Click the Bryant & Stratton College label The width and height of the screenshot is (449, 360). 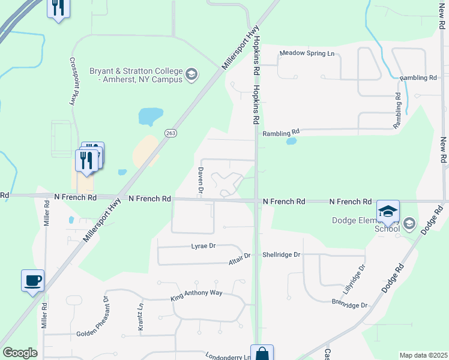pos(136,75)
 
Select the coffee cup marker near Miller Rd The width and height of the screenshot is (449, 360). pos(32,280)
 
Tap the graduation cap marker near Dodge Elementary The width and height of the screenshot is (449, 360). pos(388,211)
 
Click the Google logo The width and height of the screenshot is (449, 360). pos(20,353)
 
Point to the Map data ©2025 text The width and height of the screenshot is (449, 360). pos(423,355)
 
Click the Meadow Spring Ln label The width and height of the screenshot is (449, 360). pos(306,53)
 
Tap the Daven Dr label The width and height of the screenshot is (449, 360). pos(200,184)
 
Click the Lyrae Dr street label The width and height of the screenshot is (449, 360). pos(203,246)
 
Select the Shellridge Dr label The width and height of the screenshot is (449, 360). pos(281,254)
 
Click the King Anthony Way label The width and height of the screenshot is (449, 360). pos(196,293)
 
